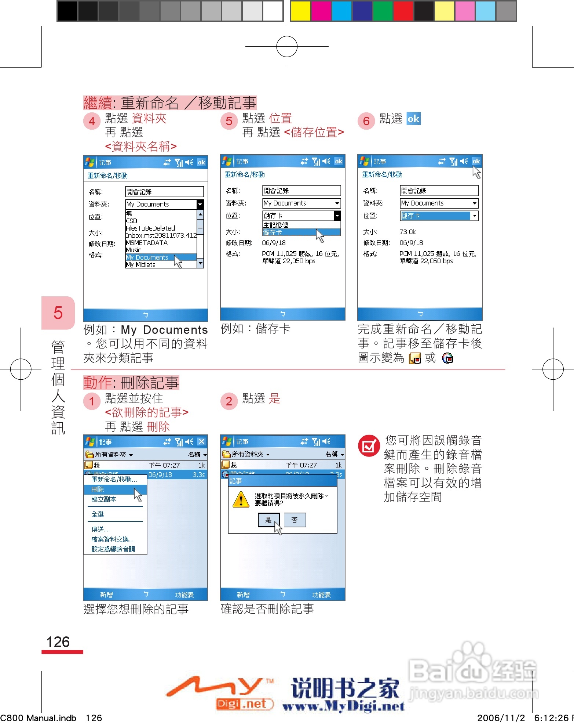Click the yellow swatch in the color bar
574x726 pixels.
click(300, 11)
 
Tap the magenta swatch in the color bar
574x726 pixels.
click(321, 11)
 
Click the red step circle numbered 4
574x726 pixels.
click(92, 121)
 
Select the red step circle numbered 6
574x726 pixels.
click(366, 121)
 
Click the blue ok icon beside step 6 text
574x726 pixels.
click(413, 119)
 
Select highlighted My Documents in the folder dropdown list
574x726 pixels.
click(147, 257)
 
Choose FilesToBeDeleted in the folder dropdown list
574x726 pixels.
click(150, 228)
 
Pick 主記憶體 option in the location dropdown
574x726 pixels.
click(276, 225)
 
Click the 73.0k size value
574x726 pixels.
click(407, 232)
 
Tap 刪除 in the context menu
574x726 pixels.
click(98, 489)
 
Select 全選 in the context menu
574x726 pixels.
click(98, 514)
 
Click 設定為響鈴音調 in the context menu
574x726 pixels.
click(113, 549)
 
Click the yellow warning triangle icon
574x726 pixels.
click(241, 500)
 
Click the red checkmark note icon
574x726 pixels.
click(369, 446)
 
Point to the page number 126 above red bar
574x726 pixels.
click(58, 642)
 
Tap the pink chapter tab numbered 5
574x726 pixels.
click(58, 313)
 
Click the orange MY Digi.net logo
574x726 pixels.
click(220, 692)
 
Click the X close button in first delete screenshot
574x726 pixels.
click(201, 441)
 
